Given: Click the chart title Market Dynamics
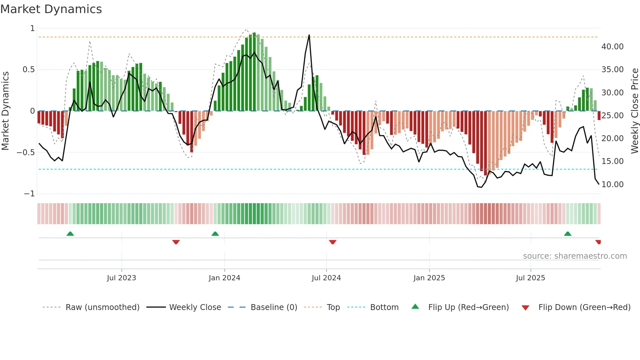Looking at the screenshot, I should click(51, 9).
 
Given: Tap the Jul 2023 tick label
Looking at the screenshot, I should click(121, 278).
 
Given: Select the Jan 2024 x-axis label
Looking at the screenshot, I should click(224, 278).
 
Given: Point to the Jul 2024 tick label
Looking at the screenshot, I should click(326, 278).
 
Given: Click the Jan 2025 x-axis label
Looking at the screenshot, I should click(429, 278).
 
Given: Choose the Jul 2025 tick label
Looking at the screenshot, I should click(531, 278).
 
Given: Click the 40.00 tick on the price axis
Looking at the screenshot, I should click(612, 47).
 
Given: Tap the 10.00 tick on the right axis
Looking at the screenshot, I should click(612, 185).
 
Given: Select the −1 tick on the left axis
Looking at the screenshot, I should click(29, 194).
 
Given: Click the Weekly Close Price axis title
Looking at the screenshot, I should click(634, 111).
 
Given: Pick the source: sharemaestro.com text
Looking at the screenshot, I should click(575, 256).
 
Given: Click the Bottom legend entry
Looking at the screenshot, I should click(384, 307).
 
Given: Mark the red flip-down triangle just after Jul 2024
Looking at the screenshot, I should click(333, 242).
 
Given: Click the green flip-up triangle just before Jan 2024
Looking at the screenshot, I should click(215, 234).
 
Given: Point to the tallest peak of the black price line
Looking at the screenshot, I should click(309, 35).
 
